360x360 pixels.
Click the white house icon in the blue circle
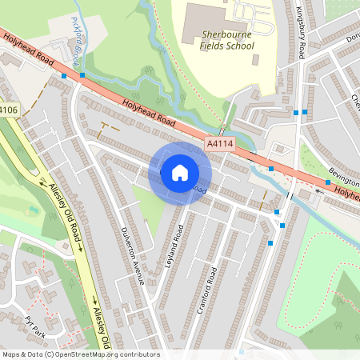[180, 173]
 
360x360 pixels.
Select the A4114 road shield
[220, 144]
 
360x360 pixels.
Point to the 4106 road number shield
[8, 110]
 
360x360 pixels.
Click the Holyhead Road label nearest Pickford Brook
[28, 49]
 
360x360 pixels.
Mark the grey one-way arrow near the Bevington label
[321, 190]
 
